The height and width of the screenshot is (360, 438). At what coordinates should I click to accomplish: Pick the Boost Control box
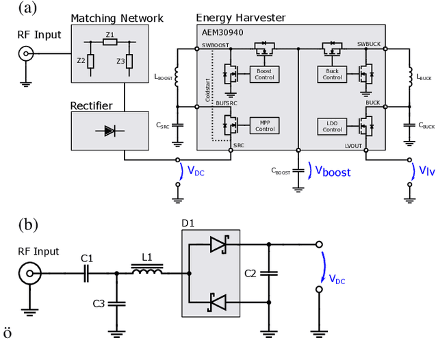click(x=264, y=74)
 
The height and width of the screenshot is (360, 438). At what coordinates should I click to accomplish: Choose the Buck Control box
click(x=332, y=74)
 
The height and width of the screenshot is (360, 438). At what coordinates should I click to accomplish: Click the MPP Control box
click(x=264, y=125)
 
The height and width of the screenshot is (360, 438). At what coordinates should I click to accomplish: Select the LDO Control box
click(x=332, y=125)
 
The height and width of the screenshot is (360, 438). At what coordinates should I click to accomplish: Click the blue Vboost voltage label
click(x=332, y=171)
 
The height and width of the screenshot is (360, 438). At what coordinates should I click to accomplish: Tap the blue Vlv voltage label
click(x=426, y=170)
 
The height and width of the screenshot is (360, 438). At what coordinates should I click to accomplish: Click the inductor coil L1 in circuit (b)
click(x=146, y=274)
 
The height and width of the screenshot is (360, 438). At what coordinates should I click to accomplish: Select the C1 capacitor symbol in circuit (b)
click(x=86, y=274)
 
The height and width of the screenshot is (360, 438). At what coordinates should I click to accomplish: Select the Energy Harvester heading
click(x=241, y=17)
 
